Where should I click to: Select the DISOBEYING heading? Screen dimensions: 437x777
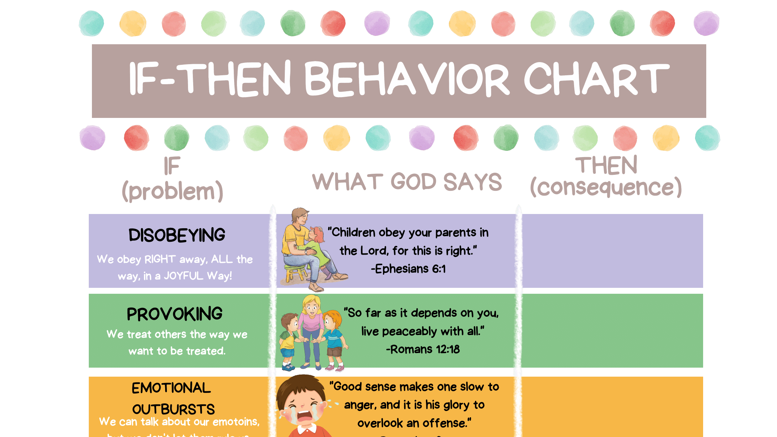coord(177,235)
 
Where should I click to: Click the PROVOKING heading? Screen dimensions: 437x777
coord(174,314)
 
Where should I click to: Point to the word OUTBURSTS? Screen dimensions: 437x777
coord(173,409)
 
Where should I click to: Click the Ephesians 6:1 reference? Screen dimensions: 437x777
coord(408,269)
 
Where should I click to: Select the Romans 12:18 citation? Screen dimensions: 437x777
coord(423,349)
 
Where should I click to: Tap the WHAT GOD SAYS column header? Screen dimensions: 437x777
coord(407,181)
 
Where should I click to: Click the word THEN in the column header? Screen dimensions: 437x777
coord(606,165)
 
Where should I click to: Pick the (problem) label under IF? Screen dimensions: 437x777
coord(172,191)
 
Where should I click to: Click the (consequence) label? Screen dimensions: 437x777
coord(606,187)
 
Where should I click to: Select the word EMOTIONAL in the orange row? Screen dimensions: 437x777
coord(171,388)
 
